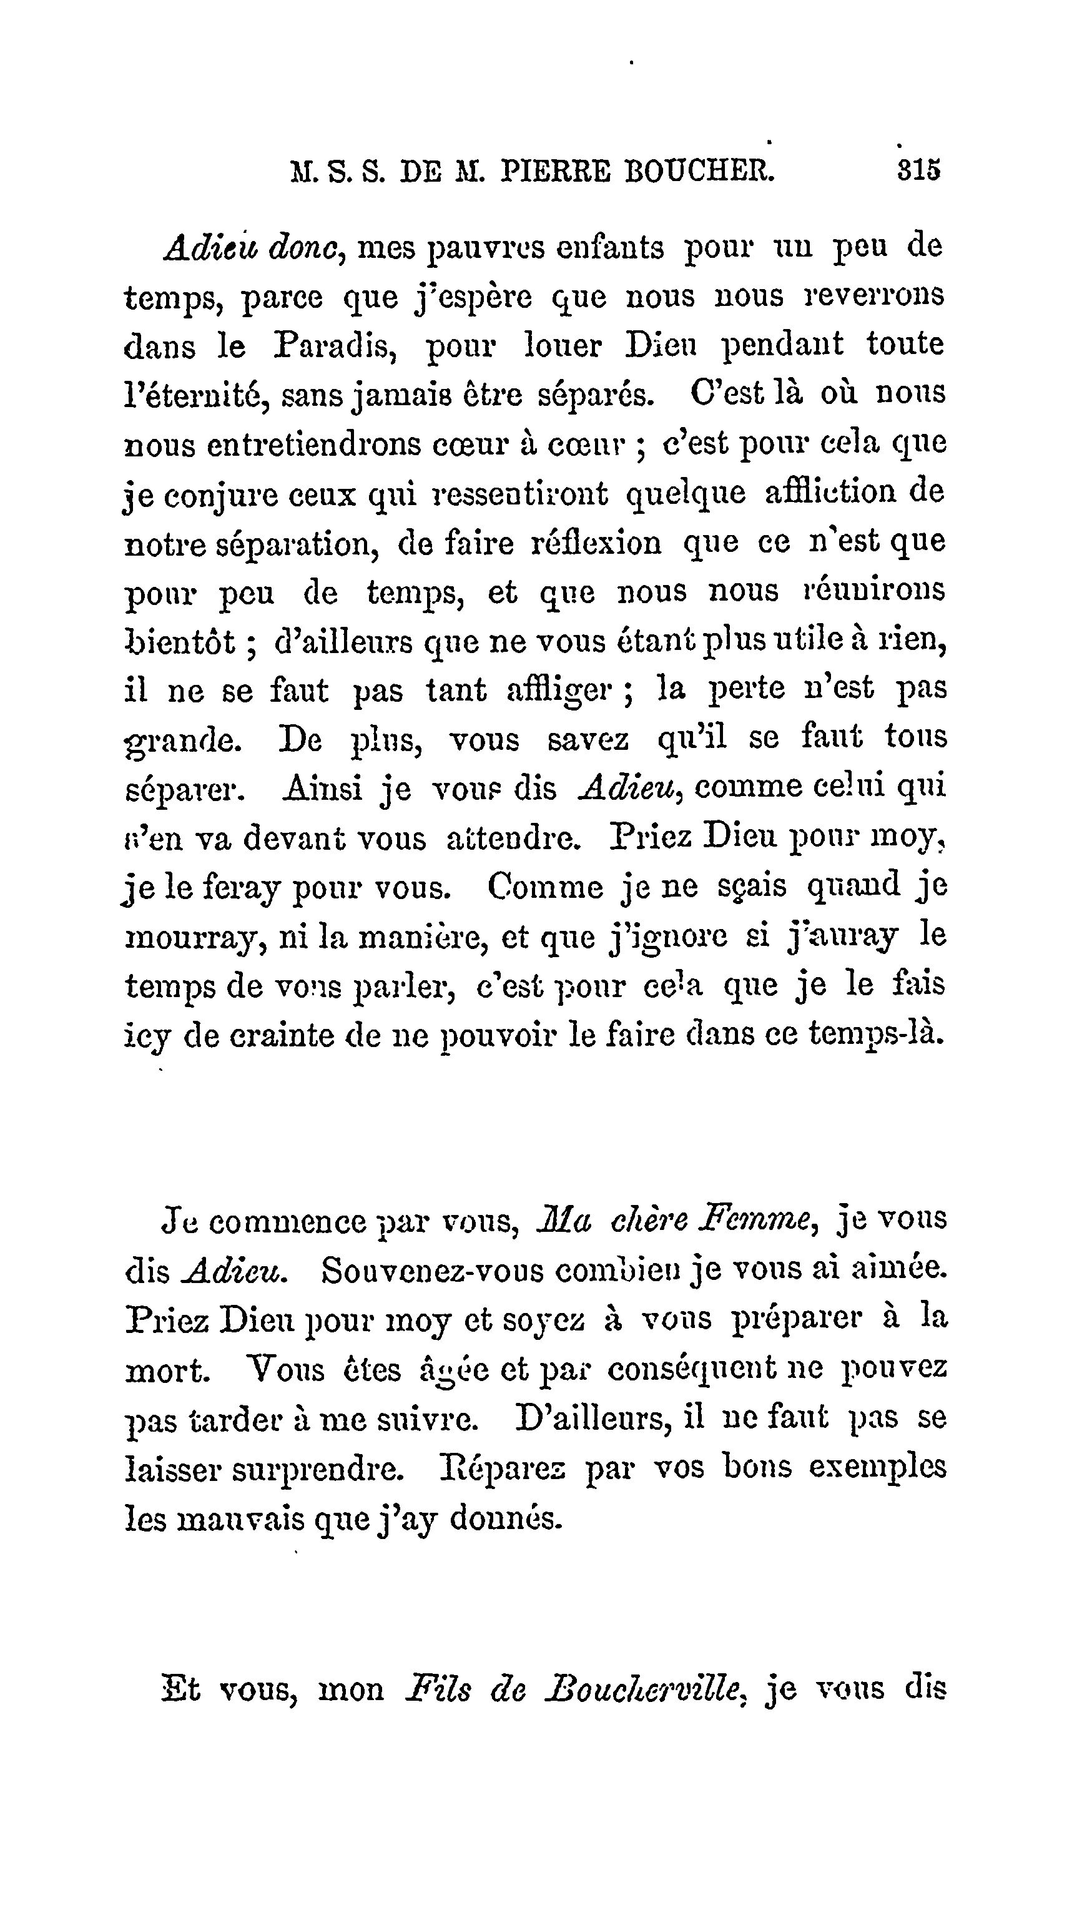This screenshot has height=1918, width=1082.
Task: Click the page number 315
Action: pyautogui.click(x=919, y=170)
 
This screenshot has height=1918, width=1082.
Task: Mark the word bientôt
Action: pyautogui.click(x=189, y=641)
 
